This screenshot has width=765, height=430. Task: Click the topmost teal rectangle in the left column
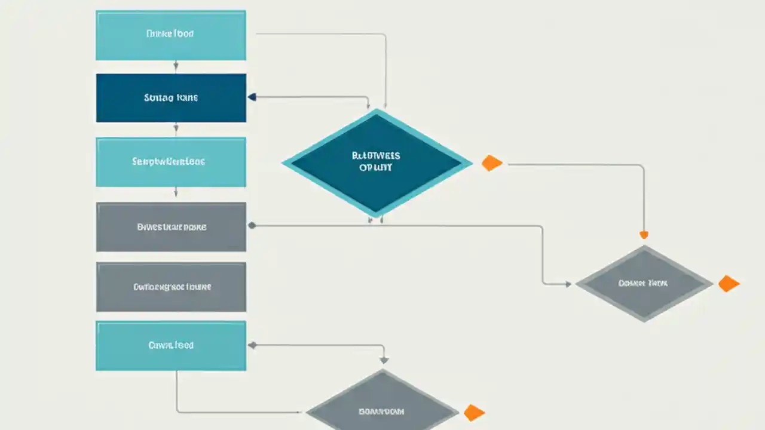tap(171, 35)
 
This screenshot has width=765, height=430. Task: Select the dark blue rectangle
tap(171, 98)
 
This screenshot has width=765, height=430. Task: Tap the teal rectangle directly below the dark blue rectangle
tap(171, 162)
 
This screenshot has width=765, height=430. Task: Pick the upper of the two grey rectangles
tap(171, 227)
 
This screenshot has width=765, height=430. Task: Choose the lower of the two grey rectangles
tap(171, 287)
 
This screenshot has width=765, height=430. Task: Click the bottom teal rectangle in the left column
tap(171, 345)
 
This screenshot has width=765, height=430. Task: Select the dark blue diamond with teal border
tap(377, 162)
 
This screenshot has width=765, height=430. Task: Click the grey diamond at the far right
tap(644, 284)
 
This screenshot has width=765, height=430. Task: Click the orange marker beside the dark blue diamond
tap(492, 163)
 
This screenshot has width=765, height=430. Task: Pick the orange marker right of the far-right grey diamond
tap(729, 284)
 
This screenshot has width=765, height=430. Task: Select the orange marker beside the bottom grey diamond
tap(474, 412)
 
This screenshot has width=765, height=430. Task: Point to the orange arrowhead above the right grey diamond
tap(644, 235)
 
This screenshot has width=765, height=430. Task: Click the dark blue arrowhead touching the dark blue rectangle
tap(252, 97)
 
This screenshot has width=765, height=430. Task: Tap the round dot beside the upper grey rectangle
tap(252, 226)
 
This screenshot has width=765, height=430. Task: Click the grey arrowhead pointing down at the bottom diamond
tap(384, 360)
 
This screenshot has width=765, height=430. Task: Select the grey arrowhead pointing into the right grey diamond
tap(568, 284)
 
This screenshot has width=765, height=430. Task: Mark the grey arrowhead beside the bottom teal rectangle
tap(252, 345)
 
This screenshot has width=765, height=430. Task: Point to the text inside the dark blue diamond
tap(377, 162)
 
